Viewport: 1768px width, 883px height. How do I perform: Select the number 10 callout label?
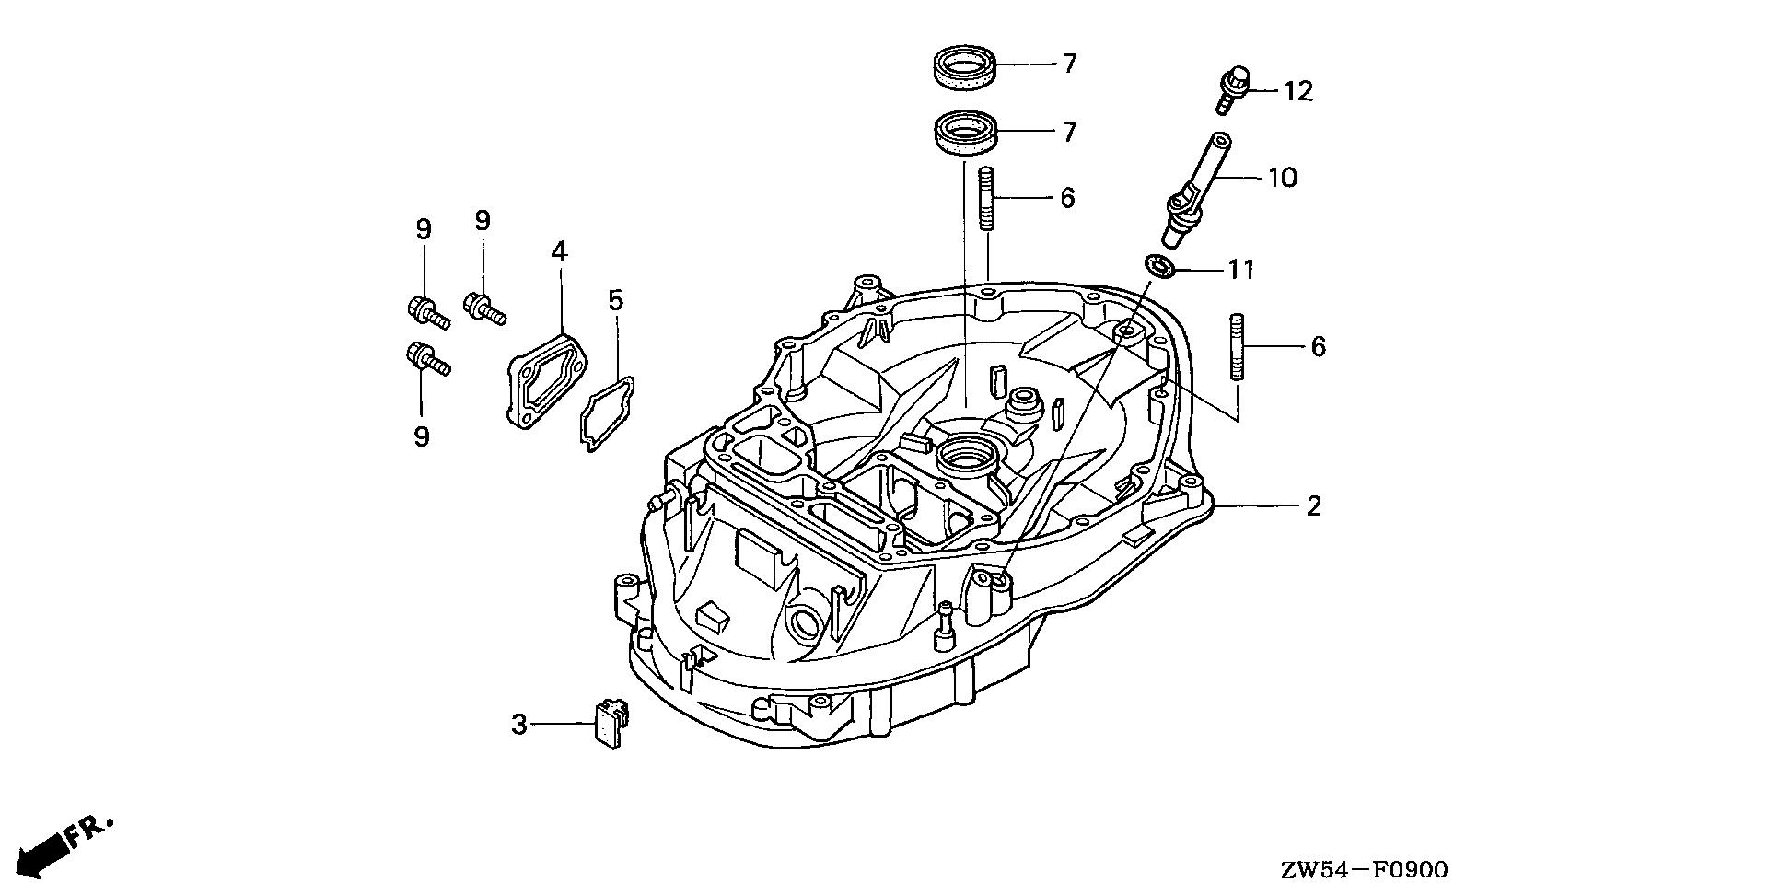(1283, 177)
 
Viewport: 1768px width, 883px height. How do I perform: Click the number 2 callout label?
(1314, 505)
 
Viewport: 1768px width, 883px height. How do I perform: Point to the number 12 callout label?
(1298, 91)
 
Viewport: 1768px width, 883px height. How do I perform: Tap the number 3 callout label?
(519, 725)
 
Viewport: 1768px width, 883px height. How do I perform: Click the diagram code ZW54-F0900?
(1363, 869)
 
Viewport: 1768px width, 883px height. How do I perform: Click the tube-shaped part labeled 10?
(1194, 189)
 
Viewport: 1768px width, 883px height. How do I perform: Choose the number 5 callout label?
(615, 299)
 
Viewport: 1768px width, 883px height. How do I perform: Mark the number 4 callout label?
(560, 250)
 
